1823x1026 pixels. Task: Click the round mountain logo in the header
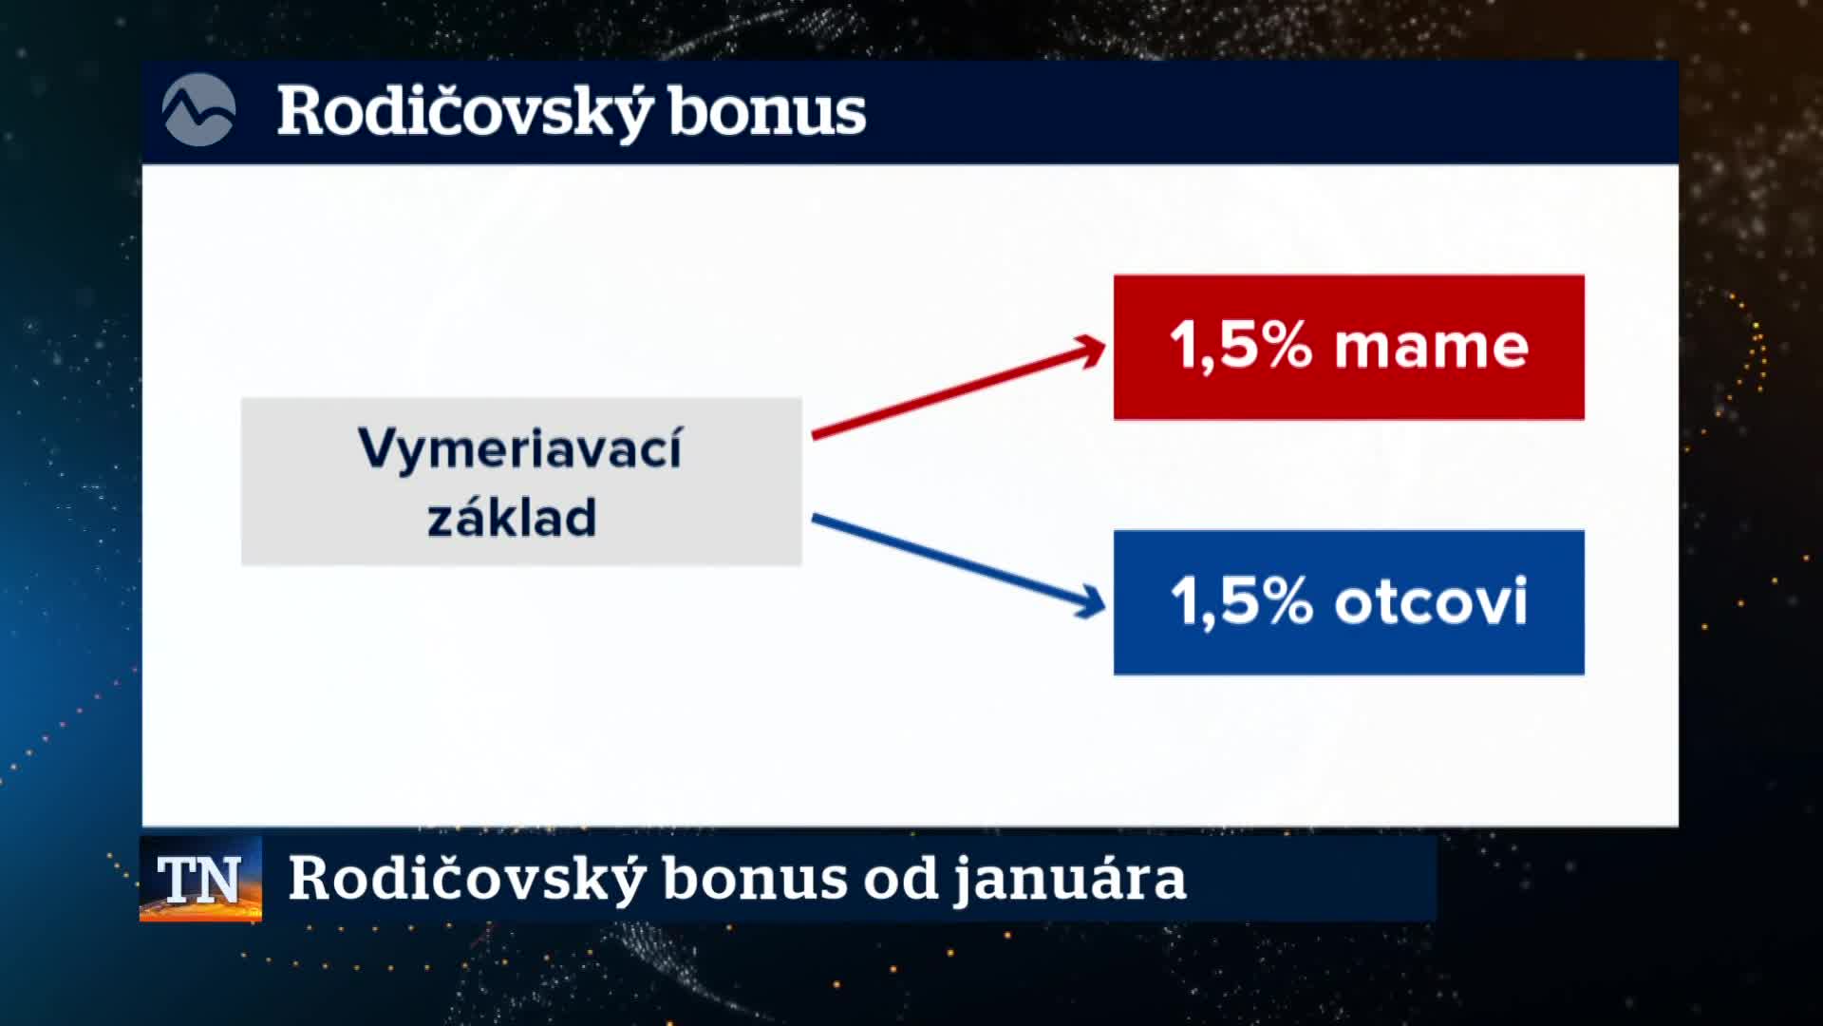(x=198, y=110)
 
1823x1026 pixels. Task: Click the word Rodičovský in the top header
(x=465, y=112)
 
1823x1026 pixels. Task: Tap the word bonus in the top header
(x=767, y=112)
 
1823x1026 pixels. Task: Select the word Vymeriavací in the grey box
(x=520, y=448)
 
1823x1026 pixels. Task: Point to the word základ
(x=512, y=517)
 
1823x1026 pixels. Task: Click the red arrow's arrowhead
(x=1088, y=351)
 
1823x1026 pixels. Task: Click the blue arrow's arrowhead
(x=1088, y=600)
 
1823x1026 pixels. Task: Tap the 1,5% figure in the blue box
(x=1241, y=601)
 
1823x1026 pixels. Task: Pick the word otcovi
(x=1431, y=601)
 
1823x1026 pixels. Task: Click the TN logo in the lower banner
(x=200, y=879)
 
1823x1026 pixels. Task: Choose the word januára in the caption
(x=1070, y=879)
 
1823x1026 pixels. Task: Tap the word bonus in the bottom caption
(x=755, y=879)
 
